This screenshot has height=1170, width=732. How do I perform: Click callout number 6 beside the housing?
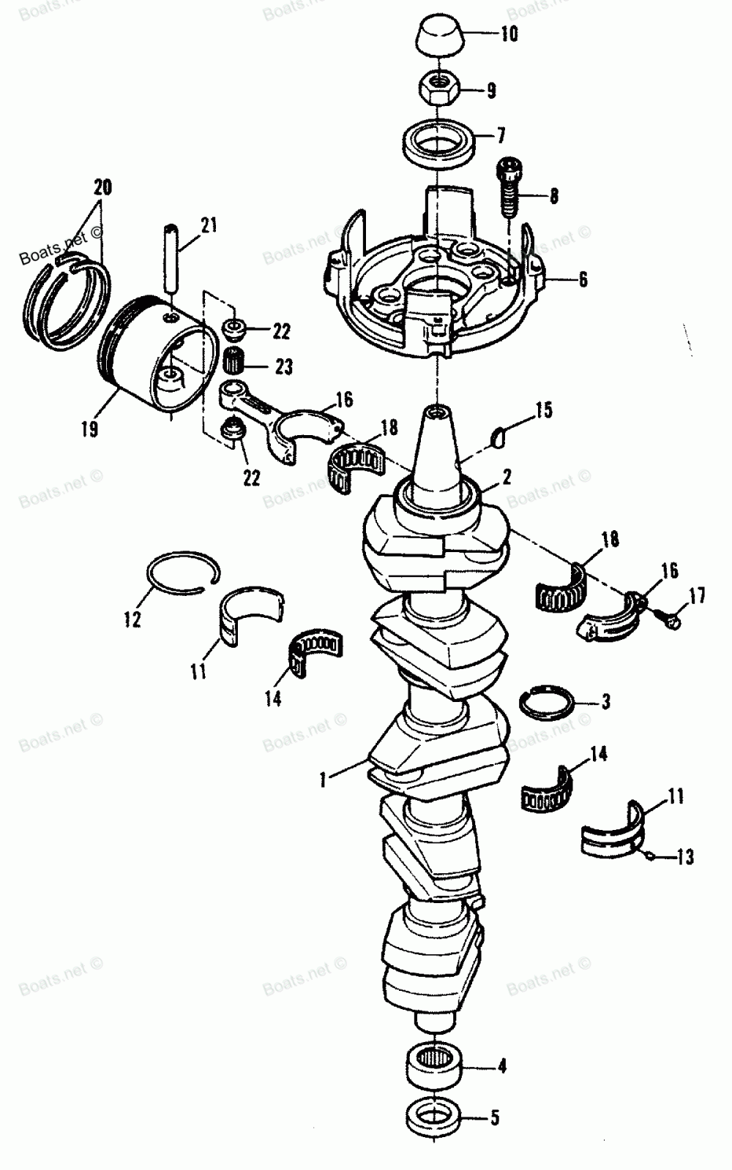click(583, 280)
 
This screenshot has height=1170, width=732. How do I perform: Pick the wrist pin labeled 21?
click(171, 260)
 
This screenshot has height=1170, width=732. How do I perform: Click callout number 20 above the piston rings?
click(102, 187)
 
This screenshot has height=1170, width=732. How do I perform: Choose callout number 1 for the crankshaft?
click(322, 780)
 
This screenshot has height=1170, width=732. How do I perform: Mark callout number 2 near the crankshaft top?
click(507, 478)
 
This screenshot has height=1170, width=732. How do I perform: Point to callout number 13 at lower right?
click(685, 856)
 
